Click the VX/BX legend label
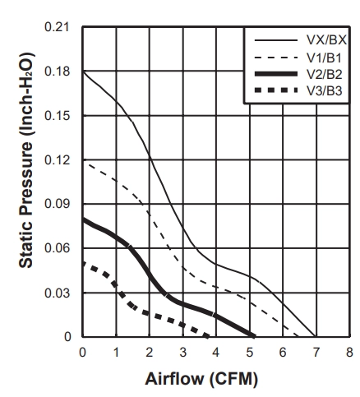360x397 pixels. tap(326, 40)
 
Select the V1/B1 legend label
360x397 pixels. tap(325, 58)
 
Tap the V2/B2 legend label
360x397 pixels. tap(325, 74)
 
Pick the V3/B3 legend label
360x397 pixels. tap(325, 90)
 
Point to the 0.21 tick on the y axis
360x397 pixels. tap(57, 27)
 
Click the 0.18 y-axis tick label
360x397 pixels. tap(57, 72)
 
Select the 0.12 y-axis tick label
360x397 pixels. tap(57, 159)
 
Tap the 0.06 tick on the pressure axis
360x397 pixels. tap(57, 248)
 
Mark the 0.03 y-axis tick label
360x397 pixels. tap(57, 293)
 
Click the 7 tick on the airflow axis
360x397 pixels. tap(316, 352)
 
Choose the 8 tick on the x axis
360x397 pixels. tap(349, 352)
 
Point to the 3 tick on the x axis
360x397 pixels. tap(183, 352)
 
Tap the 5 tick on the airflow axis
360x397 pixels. tap(250, 352)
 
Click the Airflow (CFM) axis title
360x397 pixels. tap(201, 380)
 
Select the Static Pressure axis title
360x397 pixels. tap(27, 160)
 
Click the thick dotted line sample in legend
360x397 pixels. tap(276, 90)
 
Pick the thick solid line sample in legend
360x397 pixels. tap(276, 74)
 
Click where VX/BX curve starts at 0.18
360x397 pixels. tap(83, 72)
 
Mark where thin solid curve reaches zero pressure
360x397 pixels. tap(316, 336)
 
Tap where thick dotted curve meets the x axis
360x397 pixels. tap(208, 336)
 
